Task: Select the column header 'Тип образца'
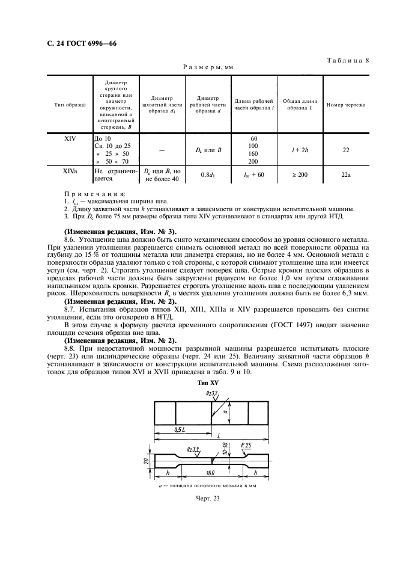click(70, 105)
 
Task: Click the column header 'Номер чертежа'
click(345, 105)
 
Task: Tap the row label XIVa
click(70, 171)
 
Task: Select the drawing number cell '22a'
click(345, 174)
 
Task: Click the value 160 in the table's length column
click(253, 153)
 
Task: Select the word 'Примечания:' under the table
click(94, 194)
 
